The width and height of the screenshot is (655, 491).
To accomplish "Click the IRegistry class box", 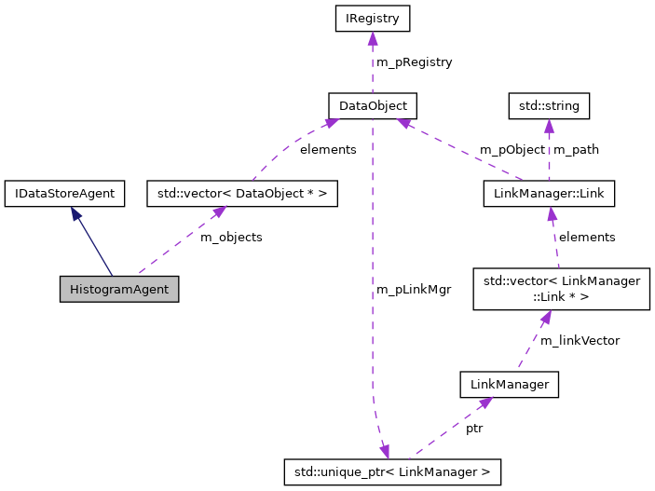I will click(x=372, y=18).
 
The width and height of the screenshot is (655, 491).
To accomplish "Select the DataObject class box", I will click(x=372, y=105).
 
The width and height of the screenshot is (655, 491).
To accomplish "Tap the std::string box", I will click(x=549, y=105).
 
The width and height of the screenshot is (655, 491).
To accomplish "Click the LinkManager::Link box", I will click(x=549, y=194).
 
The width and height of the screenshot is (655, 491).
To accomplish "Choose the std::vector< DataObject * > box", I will click(x=241, y=194).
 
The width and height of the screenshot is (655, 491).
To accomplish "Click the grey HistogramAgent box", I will click(x=118, y=289).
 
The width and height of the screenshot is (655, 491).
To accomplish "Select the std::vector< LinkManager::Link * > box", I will click(x=560, y=289).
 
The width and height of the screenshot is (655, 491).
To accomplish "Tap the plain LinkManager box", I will click(x=509, y=384).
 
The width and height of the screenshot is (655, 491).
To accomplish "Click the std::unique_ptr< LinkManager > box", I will click(x=392, y=471).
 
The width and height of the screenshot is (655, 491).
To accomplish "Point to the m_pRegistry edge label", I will click(x=414, y=62).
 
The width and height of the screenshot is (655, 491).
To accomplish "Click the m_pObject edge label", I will click(x=512, y=149).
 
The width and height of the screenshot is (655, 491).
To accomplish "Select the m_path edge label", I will click(x=576, y=149).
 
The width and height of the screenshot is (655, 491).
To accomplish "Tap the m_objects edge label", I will click(x=231, y=238).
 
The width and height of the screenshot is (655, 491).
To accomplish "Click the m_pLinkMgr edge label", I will click(x=413, y=290).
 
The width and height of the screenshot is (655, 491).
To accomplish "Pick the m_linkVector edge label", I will click(x=580, y=340).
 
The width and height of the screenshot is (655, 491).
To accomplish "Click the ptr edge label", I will click(x=474, y=429).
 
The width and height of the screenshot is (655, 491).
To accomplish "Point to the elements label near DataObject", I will click(x=327, y=149).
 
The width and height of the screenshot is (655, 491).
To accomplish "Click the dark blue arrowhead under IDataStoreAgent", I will click(x=75, y=213).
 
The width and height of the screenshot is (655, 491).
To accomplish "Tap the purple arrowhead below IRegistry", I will click(x=372, y=38).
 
